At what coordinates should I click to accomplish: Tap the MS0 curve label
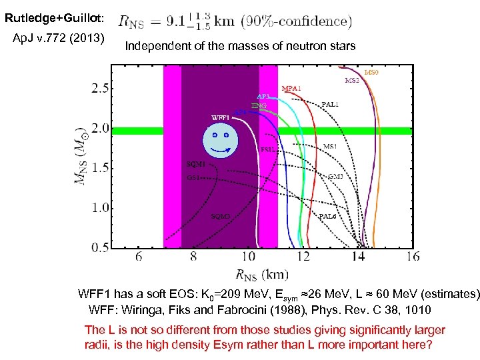point(371,72)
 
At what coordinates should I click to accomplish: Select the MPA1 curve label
point(291,88)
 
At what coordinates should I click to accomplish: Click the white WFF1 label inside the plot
point(220,117)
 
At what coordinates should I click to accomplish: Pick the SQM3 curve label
point(221,216)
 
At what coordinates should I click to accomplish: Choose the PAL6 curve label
point(327,216)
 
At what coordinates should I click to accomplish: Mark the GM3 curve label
point(335,177)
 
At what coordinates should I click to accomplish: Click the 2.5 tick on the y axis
point(101,88)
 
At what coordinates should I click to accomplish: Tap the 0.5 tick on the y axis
point(101,247)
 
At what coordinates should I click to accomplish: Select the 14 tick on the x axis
point(358,257)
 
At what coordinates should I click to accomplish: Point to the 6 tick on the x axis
point(139,257)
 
